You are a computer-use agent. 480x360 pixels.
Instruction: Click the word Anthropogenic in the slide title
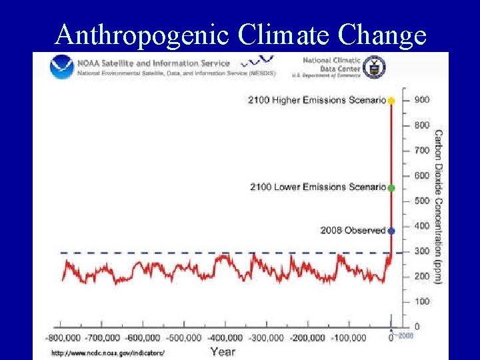click(142, 34)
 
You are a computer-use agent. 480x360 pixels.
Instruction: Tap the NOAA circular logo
click(62, 67)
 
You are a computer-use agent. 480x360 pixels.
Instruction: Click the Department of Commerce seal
click(374, 67)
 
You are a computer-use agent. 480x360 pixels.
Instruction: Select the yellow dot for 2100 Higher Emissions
click(391, 101)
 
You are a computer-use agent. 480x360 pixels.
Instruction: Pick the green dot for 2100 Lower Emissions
click(391, 188)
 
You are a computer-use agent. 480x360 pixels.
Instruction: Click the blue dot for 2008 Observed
click(391, 231)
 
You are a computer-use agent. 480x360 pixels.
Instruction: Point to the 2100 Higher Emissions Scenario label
click(317, 101)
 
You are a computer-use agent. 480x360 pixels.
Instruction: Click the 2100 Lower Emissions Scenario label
click(317, 187)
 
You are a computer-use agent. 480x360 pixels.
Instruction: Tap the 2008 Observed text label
click(353, 231)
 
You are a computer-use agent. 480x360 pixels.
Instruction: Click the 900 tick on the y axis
click(421, 100)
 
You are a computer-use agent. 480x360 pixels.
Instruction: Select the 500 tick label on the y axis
click(421, 201)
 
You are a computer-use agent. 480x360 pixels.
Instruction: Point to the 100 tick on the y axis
click(421, 301)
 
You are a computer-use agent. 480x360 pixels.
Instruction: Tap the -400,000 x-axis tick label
click(225, 338)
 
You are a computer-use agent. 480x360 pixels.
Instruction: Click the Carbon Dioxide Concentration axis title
click(438, 207)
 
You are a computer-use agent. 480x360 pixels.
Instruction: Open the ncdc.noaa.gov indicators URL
click(107, 353)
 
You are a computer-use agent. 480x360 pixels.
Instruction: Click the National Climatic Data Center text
click(331, 64)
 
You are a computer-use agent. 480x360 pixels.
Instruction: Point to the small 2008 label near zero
click(406, 336)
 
